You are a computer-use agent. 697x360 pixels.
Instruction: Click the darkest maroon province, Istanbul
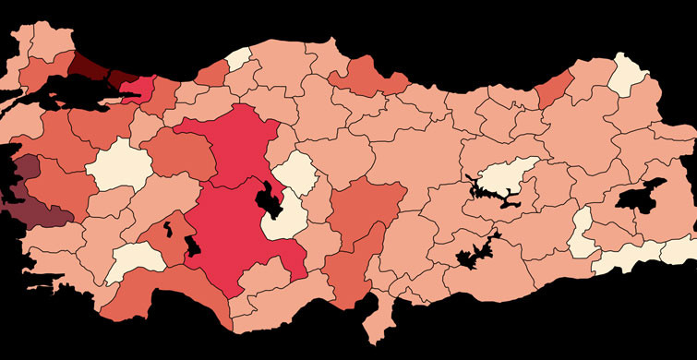(88, 65)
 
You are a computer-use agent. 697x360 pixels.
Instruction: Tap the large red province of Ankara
(235, 148)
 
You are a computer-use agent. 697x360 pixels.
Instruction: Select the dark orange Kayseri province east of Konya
(369, 208)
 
